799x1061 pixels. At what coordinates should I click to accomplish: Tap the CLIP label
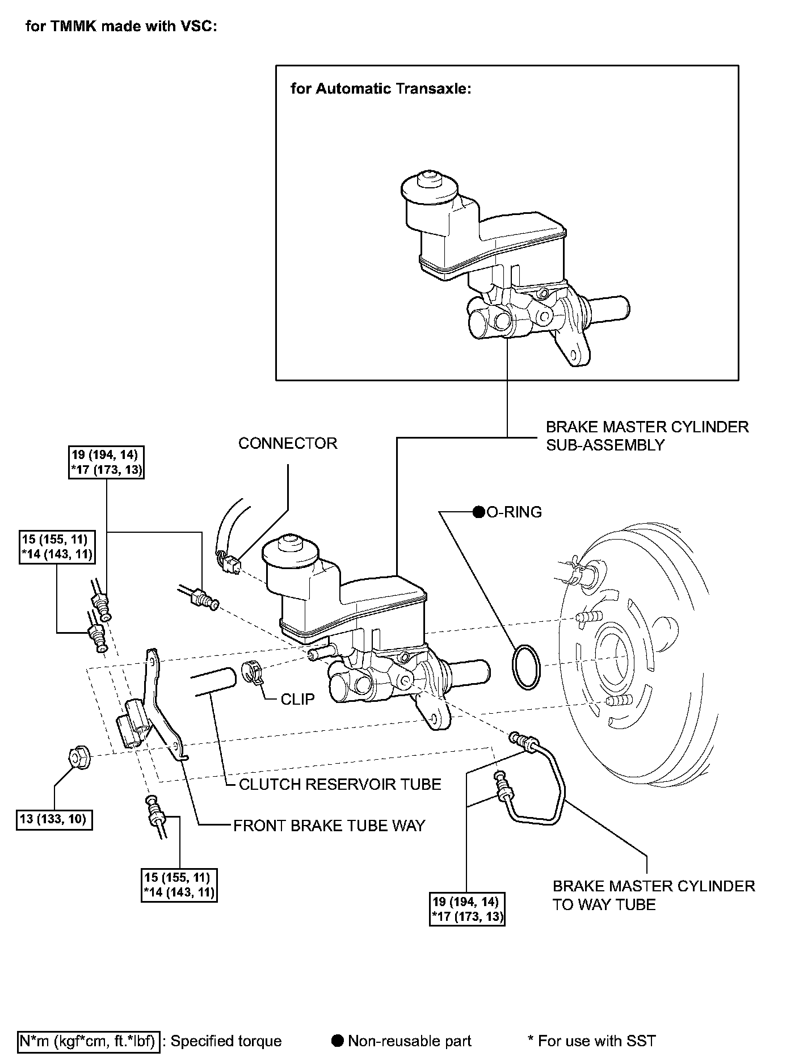click(297, 699)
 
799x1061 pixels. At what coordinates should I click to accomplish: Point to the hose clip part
click(253, 672)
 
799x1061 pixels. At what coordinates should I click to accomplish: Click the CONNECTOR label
click(288, 443)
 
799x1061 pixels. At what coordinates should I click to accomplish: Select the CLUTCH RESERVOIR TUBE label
click(340, 784)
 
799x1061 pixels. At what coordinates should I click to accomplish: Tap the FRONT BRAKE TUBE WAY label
click(329, 826)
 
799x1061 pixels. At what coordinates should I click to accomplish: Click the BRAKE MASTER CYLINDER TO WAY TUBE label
click(654, 895)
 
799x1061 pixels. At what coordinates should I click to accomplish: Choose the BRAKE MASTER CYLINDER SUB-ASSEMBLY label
click(647, 436)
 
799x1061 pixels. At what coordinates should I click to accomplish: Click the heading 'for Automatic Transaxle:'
click(381, 89)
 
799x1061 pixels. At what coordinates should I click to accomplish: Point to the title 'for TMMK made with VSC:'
click(121, 27)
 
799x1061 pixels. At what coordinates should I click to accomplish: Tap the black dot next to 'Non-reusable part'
click(338, 1041)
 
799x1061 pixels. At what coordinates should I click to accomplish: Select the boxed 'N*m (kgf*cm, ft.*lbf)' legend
click(89, 1041)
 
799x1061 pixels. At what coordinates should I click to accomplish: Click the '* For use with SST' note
click(591, 1041)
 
